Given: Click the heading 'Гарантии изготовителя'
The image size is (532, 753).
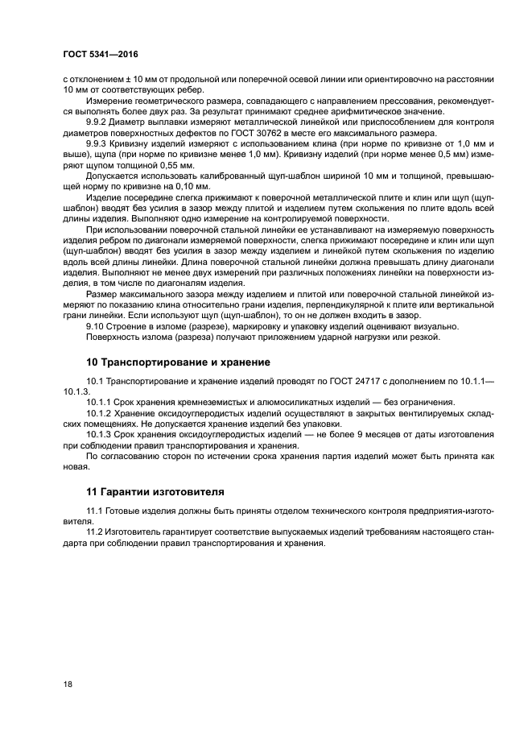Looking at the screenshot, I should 161,491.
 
